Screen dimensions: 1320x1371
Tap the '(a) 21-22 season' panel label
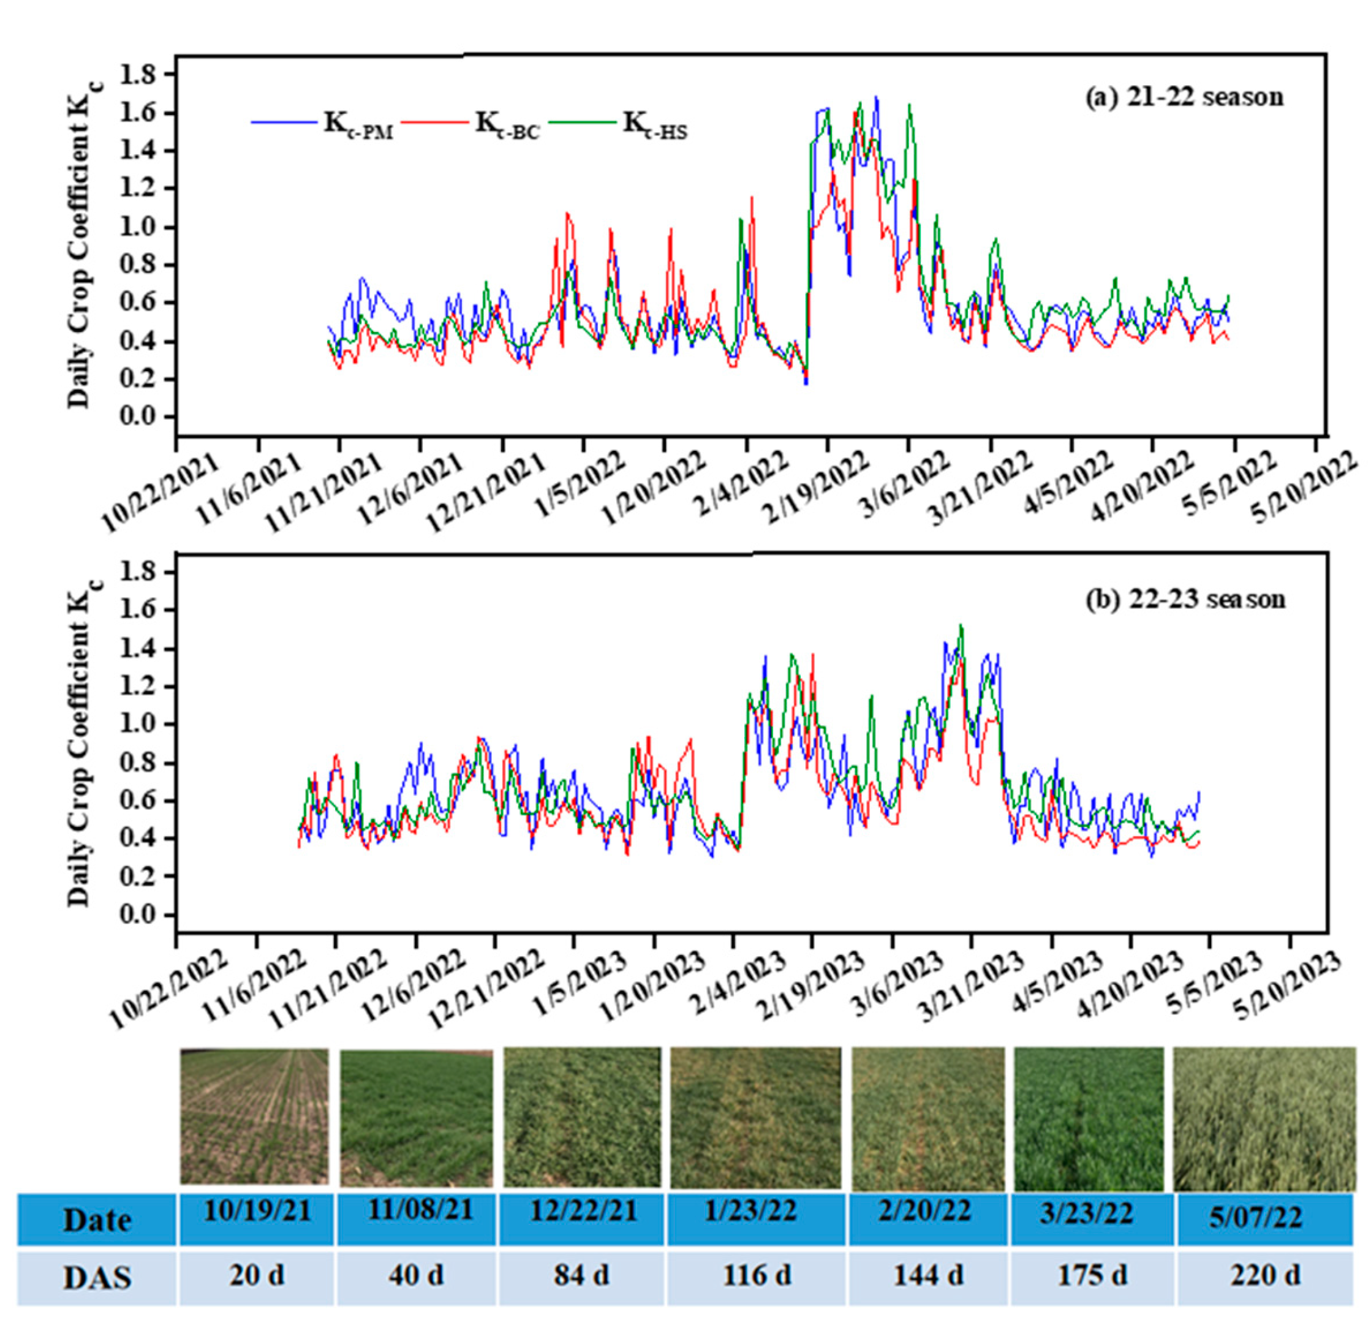1184,97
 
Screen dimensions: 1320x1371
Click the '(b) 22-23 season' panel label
1185,599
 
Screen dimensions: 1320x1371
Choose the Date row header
97,1218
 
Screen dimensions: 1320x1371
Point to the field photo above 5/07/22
1263,1117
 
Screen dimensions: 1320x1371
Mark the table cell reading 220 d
1264,1275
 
